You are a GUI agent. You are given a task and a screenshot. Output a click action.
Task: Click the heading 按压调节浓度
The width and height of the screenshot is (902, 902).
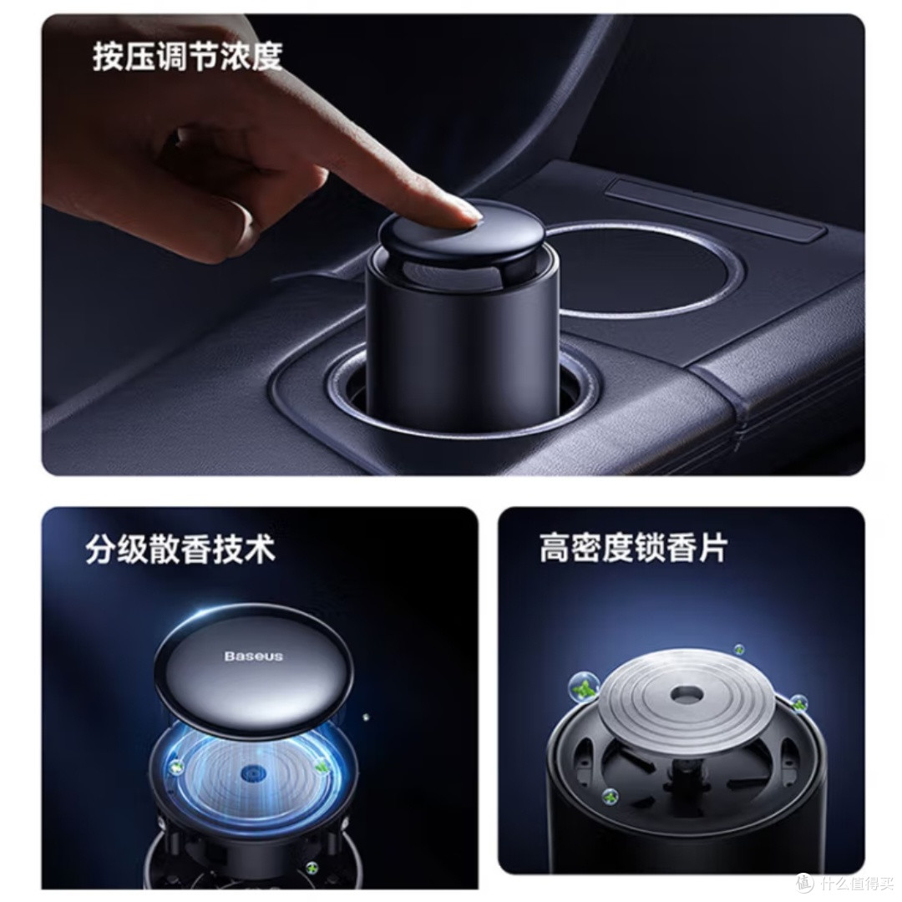click(188, 57)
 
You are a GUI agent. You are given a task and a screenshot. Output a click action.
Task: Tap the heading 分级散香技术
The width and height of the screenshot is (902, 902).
click(180, 550)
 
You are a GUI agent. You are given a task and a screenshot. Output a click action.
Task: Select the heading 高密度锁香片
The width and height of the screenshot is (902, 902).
click(633, 548)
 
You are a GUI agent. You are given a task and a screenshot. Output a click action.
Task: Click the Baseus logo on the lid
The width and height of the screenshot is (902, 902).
click(254, 656)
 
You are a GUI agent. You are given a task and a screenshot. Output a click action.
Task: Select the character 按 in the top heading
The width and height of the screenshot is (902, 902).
click(108, 57)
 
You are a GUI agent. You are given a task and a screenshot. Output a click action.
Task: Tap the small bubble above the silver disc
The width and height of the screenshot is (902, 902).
click(739, 650)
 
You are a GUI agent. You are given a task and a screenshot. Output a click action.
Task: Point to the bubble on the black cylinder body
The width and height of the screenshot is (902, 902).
click(610, 797)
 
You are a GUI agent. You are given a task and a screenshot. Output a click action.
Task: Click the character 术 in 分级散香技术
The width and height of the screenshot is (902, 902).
click(260, 550)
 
